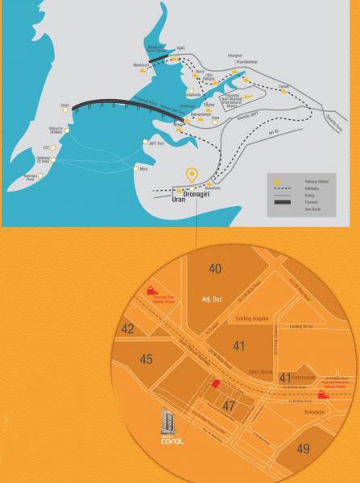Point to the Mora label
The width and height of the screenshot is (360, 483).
point(143,169)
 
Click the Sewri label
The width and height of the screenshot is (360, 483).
point(65,105)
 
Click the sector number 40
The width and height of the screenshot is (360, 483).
point(215,268)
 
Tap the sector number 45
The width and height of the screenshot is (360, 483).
point(145,359)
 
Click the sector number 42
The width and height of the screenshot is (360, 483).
point(128,328)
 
